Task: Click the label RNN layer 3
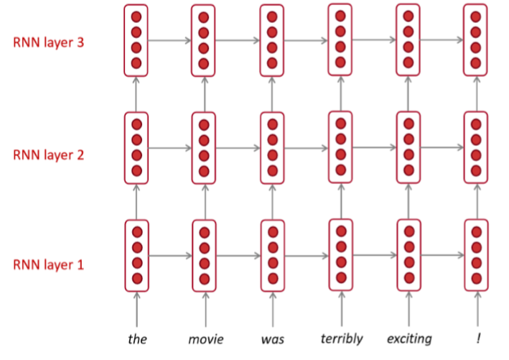(48, 42)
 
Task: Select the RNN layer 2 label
(48, 154)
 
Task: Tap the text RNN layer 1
(48, 264)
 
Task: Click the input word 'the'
(137, 338)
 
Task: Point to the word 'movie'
(206, 338)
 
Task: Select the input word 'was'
(272, 338)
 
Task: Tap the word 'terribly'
(341, 338)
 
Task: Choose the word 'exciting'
(408, 338)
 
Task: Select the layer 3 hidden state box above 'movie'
(203, 40)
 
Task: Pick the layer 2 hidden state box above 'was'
(272, 147)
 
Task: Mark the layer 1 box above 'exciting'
(408, 254)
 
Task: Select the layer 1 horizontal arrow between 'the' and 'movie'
(169, 254)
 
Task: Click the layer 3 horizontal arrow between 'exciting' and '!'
(441, 40)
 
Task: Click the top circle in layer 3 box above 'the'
(136, 17)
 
